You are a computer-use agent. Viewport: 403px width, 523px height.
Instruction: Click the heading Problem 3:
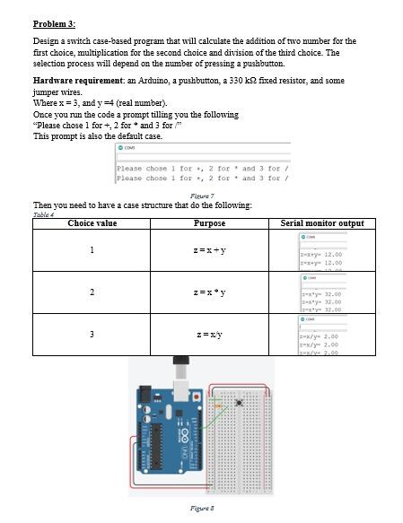(x=55, y=22)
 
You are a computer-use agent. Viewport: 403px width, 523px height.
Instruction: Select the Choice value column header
(x=92, y=222)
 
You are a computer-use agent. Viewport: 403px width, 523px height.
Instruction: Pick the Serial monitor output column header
(x=322, y=222)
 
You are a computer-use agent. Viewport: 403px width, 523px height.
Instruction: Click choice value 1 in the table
(x=92, y=249)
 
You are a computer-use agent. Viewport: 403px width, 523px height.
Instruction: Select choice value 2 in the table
(x=92, y=292)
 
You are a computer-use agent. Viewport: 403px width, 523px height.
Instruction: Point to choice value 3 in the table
(x=92, y=335)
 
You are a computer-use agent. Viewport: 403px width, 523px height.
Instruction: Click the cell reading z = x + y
(x=210, y=249)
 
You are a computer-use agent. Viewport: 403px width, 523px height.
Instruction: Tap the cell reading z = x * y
(x=210, y=292)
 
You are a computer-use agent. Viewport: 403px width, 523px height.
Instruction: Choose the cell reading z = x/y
(x=210, y=335)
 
